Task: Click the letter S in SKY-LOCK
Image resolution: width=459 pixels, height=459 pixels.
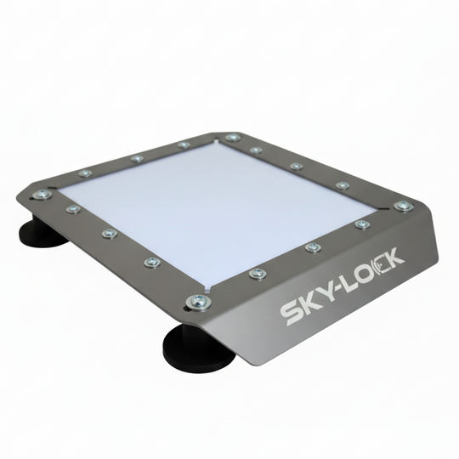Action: point(292,313)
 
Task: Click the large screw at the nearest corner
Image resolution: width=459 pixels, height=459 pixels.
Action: point(199,301)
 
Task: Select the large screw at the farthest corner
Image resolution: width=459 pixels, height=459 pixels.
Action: point(233,138)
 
